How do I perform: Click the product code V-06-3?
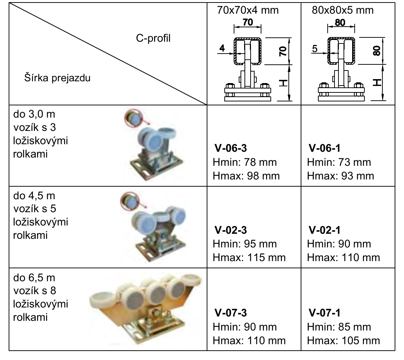click(230, 148)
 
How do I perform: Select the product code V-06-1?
click(324, 148)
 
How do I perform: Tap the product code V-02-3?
click(230, 230)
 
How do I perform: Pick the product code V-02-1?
click(324, 230)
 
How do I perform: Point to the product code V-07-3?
click(230, 313)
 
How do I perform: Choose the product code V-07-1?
click(324, 313)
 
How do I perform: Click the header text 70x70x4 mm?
click(248, 10)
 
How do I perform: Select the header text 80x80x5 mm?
click(343, 10)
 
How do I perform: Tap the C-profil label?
click(153, 38)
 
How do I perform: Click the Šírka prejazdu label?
click(58, 78)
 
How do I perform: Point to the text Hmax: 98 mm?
click(246, 176)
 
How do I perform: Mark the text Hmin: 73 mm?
click(339, 162)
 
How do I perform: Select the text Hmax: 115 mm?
click(249, 258)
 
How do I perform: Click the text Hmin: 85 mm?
click(339, 327)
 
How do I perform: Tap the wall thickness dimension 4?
click(222, 48)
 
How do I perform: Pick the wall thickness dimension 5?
click(315, 49)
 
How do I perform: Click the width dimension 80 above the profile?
click(340, 23)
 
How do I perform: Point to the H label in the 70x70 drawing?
click(283, 83)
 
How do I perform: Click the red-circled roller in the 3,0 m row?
click(133, 118)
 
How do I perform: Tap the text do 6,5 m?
click(34, 278)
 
